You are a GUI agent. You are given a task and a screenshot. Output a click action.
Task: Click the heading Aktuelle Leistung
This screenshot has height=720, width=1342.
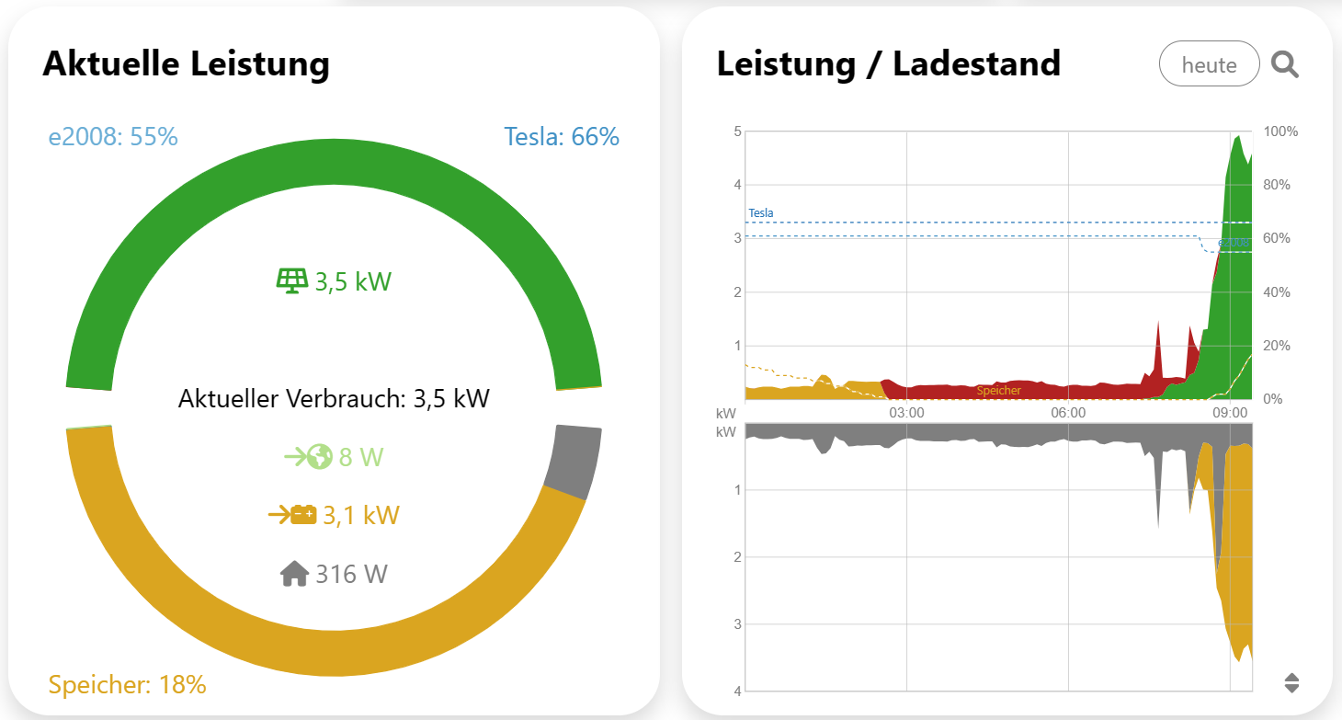pyautogui.click(x=186, y=64)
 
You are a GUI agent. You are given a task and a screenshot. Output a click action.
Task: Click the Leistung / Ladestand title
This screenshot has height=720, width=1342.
pyautogui.click(x=888, y=64)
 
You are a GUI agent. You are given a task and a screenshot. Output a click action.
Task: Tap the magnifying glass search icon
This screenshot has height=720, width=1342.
pyautogui.click(x=1284, y=64)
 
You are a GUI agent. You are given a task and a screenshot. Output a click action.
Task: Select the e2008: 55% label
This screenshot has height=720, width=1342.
pyautogui.click(x=113, y=137)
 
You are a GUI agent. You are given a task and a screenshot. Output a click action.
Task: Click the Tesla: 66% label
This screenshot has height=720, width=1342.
pyautogui.click(x=562, y=137)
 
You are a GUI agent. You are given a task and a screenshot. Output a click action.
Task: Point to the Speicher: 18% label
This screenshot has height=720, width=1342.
pyautogui.click(x=127, y=685)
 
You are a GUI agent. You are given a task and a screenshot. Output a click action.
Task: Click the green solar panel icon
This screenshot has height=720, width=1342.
pyautogui.click(x=292, y=280)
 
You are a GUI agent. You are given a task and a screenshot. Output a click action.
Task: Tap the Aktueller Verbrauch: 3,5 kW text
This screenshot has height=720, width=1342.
pyautogui.click(x=334, y=399)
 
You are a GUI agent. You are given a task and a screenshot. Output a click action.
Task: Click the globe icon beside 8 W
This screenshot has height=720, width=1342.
pyautogui.click(x=319, y=457)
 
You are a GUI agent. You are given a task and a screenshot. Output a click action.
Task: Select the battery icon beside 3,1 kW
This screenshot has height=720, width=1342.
pyautogui.click(x=302, y=515)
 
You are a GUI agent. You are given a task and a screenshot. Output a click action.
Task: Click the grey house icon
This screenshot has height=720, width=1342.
pyautogui.click(x=294, y=575)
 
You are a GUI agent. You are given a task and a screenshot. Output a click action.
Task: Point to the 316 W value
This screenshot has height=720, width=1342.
pyautogui.click(x=351, y=575)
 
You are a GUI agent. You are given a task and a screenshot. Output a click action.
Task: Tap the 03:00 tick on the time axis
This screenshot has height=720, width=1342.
pyautogui.click(x=906, y=413)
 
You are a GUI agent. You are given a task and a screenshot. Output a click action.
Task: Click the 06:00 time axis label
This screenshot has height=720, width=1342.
pyautogui.click(x=1068, y=413)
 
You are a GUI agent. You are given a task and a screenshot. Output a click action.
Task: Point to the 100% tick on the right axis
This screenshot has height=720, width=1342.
pyautogui.click(x=1281, y=131)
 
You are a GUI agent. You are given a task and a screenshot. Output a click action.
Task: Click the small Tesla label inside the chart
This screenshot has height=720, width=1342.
pyautogui.click(x=761, y=213)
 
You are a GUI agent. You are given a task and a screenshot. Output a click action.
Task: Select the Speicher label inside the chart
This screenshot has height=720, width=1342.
pyautogui.click(x=998, y=391)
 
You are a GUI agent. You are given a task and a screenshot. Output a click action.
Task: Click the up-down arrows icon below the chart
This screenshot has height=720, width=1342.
pyautogui.click(x=1291, y=682)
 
